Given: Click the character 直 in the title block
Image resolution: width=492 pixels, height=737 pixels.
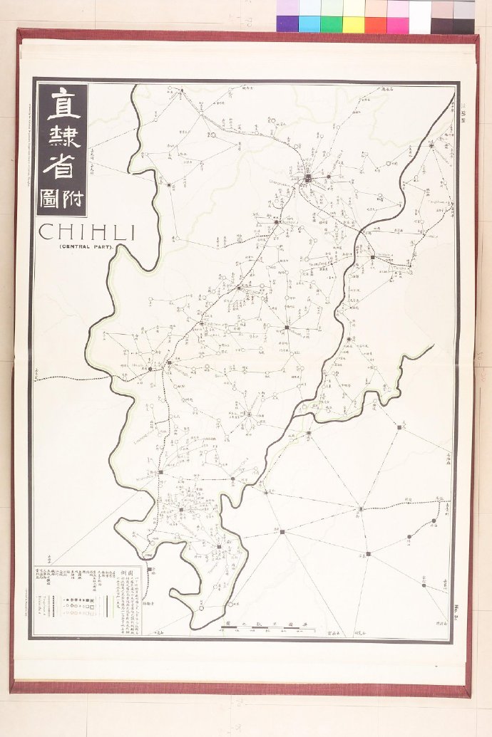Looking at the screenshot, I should [x=63, y=105].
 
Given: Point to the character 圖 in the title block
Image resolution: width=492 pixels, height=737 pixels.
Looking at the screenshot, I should [x=51, y=197].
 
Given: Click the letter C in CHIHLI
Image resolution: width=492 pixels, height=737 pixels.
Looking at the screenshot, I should [x=45, y=232].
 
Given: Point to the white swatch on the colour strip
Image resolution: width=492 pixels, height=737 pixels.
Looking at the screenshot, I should [x=420, y=16].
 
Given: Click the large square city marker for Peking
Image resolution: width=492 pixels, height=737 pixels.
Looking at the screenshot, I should [x=308, y=178].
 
